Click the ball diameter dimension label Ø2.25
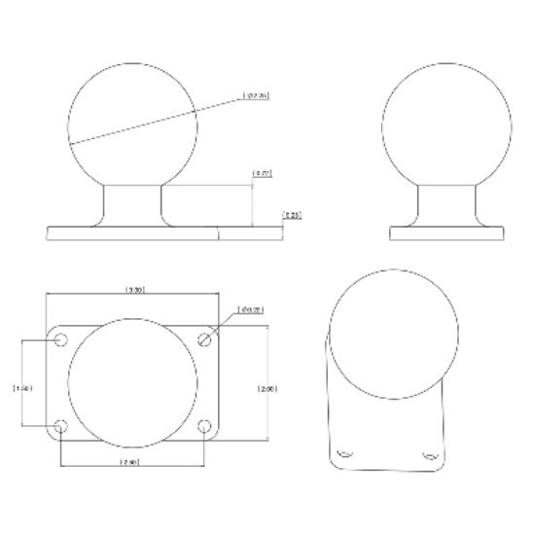tap(256, 96)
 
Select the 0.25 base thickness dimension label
tap(291, 213)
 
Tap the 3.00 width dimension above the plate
tap(136, 289)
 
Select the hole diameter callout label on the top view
tap(251, 310)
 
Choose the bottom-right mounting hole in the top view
tap(204, 425)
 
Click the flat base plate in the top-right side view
tap(447, 233)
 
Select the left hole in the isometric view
tap(343, 454)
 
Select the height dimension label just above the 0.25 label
tap(261, 173)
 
